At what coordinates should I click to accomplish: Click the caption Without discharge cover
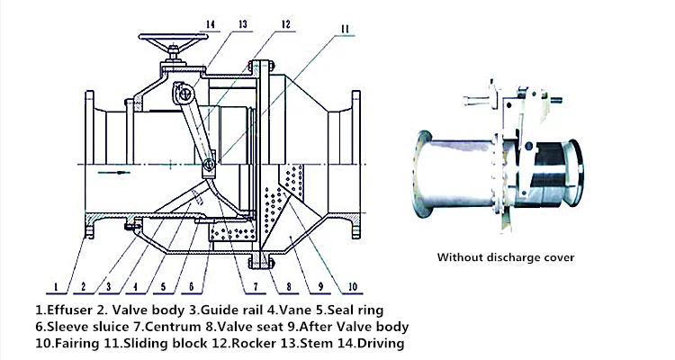tap(505, 257)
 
